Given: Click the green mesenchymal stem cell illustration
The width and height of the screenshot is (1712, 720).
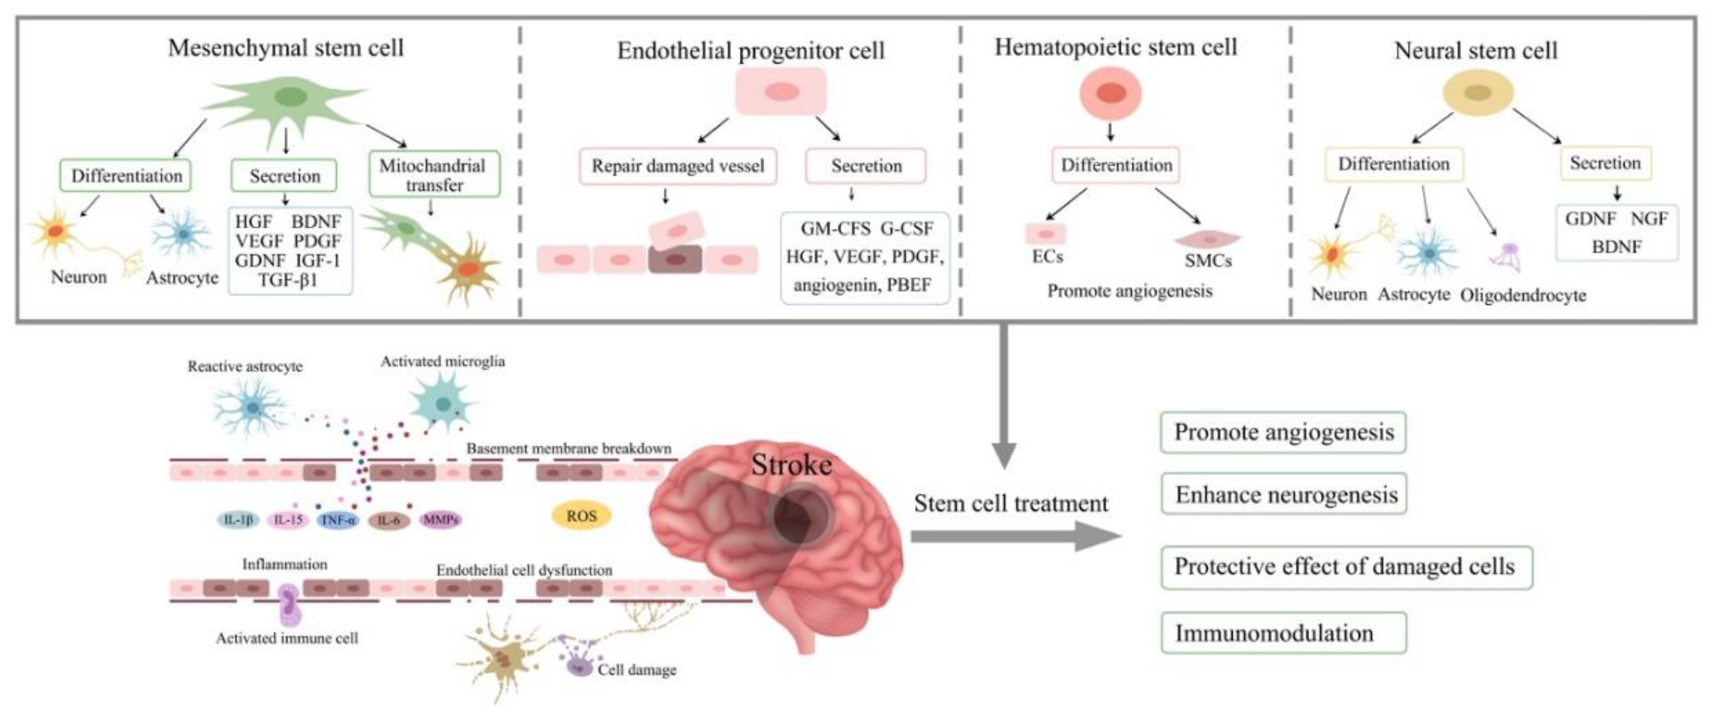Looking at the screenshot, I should [x=289, y=100].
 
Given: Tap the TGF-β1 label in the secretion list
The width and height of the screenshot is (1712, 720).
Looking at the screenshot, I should [x=288, y=280].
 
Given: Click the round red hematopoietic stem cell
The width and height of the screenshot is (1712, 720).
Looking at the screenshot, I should [x=1110, y=93].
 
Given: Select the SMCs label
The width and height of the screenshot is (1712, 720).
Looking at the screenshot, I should [x=1208, y=261].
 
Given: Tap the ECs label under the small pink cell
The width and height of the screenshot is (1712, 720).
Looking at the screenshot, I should [x=1047, y=257].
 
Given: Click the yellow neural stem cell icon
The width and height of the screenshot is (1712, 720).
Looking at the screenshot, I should [x=1478, y=93].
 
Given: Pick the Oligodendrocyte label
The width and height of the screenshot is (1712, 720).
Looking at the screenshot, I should [x=1523, y=295].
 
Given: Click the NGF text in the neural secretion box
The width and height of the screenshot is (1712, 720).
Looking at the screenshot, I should [x=1648, y=218].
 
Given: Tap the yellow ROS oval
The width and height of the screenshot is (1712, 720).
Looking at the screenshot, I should [x=581, y=516].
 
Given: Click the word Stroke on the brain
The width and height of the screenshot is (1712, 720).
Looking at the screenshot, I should [x=791, y=465].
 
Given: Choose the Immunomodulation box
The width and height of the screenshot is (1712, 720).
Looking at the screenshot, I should [x=1283, y=633].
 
